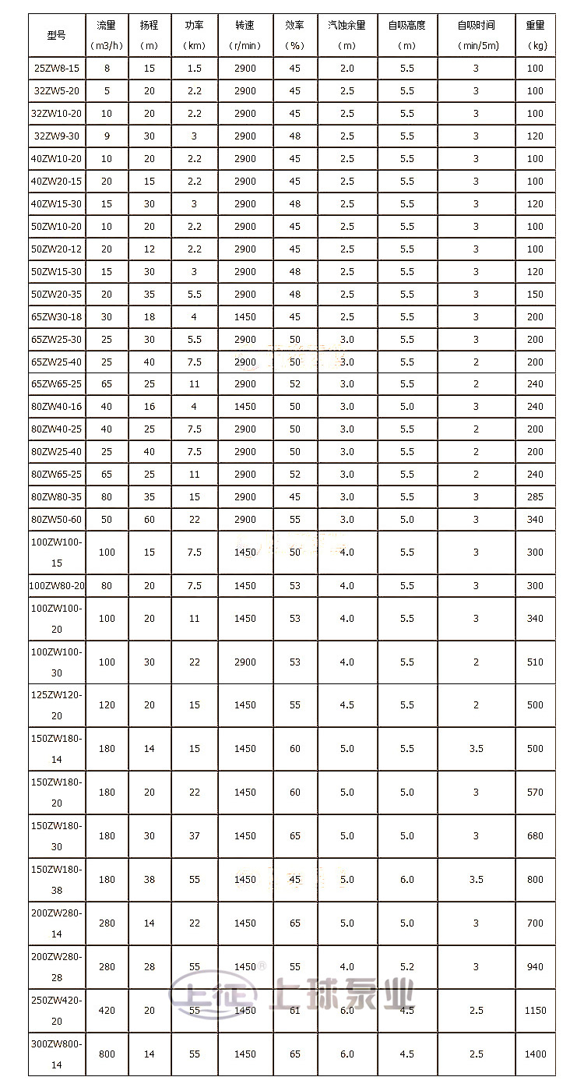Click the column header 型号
[57, 35]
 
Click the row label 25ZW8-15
[57, 69]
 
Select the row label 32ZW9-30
[57, 136]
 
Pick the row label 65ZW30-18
[57, 317]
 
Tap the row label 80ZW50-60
[57, 520]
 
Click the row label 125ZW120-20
[57, 705]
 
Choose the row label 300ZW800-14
[57, 1054]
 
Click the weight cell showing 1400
[535, 1054]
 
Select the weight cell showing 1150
[535, 1011]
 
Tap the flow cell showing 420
[107, 1011]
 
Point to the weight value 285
[535, 497]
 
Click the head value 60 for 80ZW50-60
[150, 520]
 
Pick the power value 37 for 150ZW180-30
[194, 836]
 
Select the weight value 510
[535, 662]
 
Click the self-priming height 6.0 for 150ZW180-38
[407, 880]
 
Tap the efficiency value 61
[294, 1011]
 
